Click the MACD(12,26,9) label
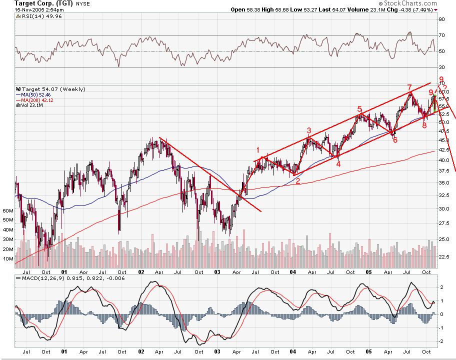[42, 277]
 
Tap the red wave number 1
[258, 149]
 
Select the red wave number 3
[309, 130]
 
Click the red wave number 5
[359, 108]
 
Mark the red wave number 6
[395, 140]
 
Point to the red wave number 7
[409, 87]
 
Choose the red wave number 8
[424, 125]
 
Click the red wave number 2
[297, 181]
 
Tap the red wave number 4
[338, 163]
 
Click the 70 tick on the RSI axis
[441, 35]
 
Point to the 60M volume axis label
[7, 211]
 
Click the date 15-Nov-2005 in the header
[25, 9]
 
